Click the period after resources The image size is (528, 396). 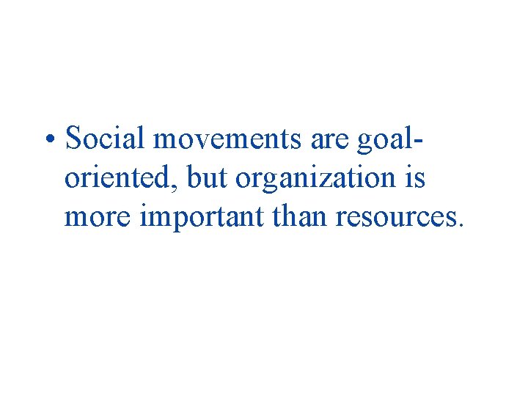coord(460,224)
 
